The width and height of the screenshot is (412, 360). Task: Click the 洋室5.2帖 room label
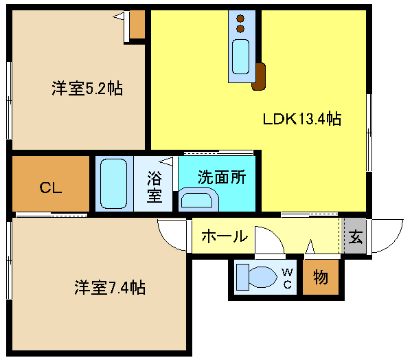87,89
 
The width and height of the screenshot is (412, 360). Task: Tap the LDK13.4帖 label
302,119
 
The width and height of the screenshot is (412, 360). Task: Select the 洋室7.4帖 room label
110,287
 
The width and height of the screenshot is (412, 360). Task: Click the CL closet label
51,188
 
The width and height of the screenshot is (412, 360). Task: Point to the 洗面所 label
222,177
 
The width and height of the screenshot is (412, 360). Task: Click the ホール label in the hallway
225,236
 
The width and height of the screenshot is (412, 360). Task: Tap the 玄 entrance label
356,236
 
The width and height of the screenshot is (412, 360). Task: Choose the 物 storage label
321,277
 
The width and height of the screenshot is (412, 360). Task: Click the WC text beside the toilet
288,278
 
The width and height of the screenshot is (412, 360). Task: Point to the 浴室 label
154,187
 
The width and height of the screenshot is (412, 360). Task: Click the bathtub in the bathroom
113,184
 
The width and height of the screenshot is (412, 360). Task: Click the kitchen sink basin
240,56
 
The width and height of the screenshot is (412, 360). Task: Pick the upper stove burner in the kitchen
240,19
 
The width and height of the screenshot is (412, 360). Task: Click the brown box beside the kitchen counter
259,77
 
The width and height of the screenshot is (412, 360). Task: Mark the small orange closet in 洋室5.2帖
137,25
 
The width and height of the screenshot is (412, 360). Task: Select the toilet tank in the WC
242,277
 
